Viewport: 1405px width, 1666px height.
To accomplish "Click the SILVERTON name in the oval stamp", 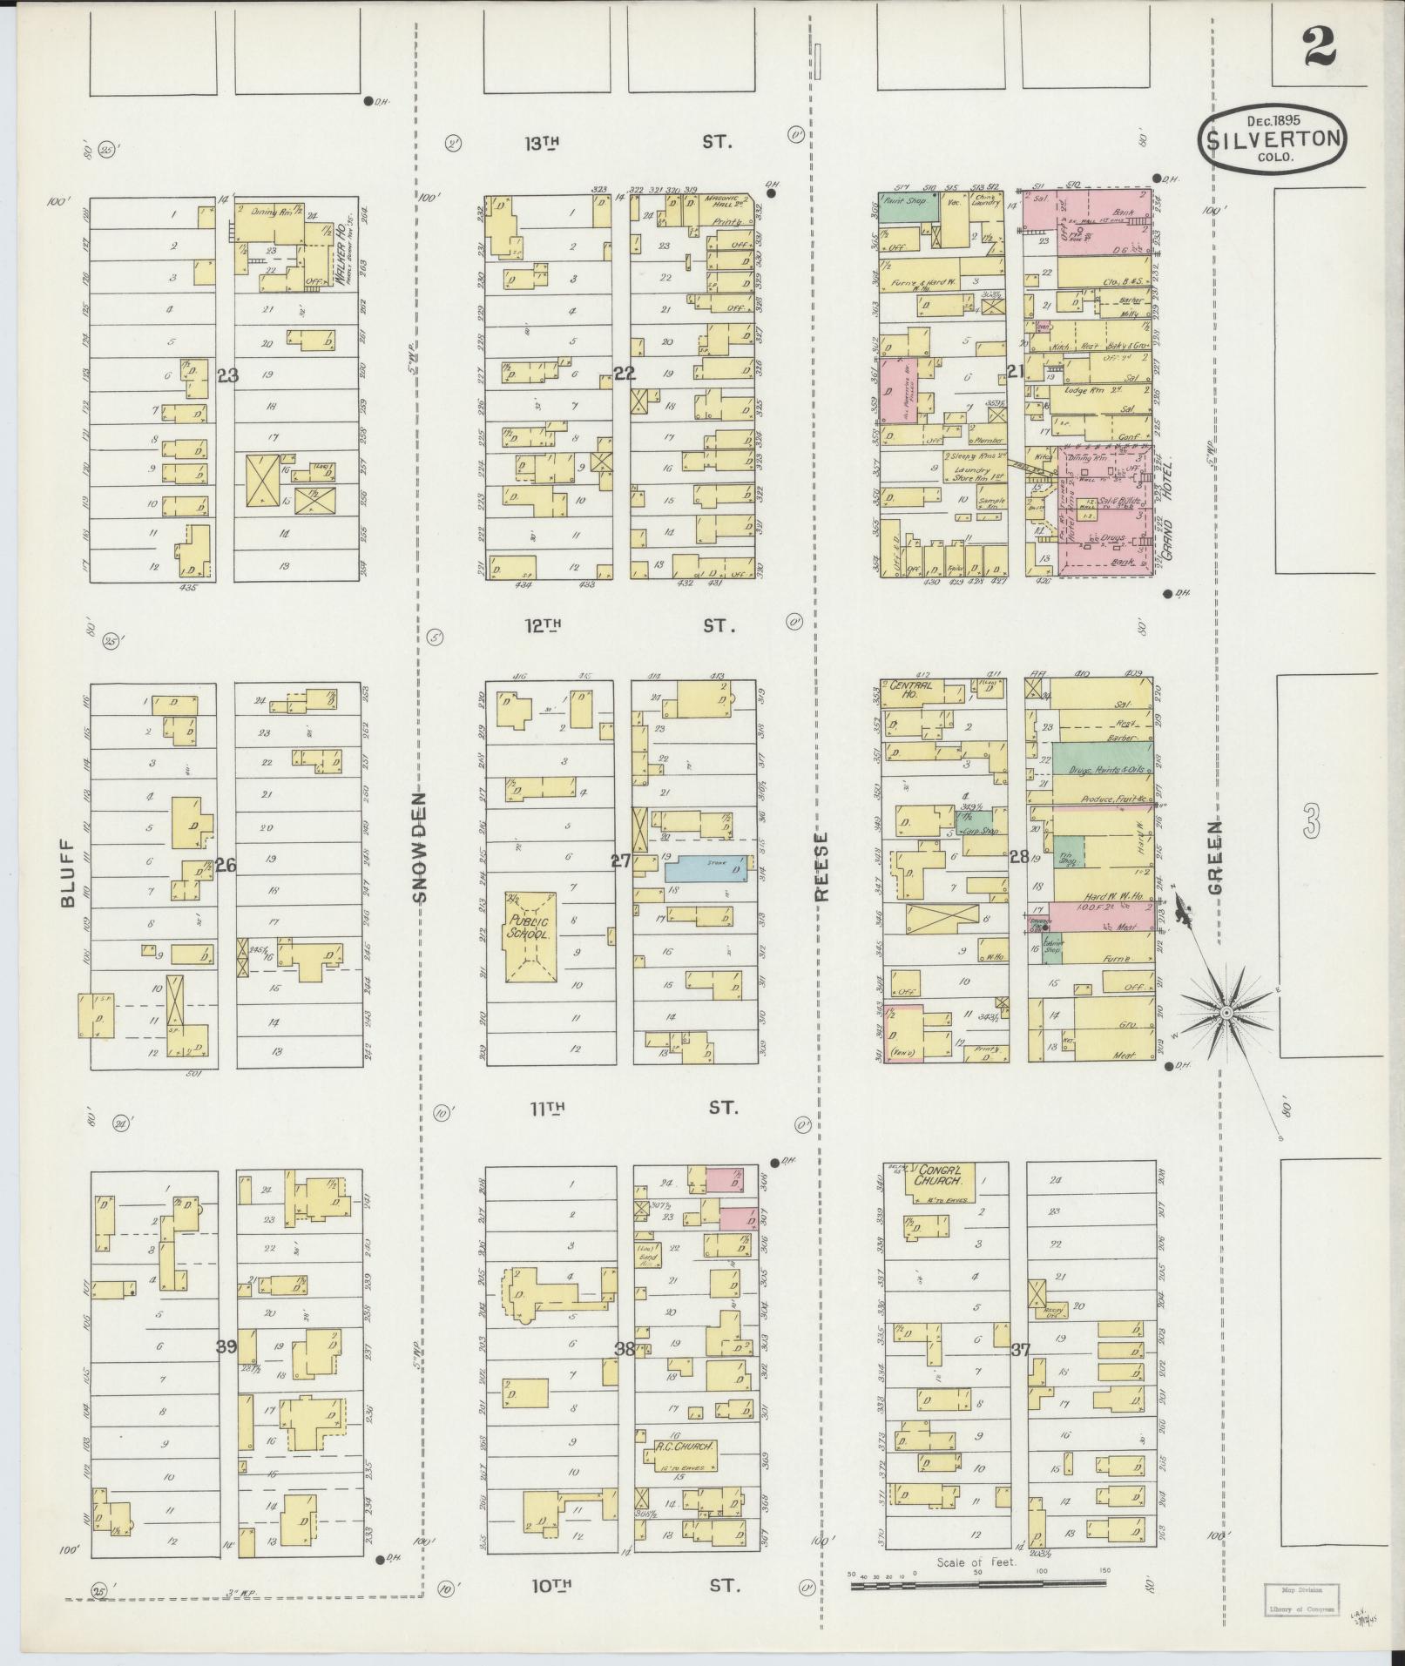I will coord(1272,138).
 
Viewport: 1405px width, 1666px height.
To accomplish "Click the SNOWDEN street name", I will coord(419,846).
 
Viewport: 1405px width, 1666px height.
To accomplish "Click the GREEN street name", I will coord(1215,857).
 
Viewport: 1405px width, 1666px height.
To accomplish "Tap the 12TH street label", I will coord(545,624).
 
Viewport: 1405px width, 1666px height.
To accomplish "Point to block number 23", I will coord(228,375).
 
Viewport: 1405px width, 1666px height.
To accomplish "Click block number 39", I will coord(226,1371).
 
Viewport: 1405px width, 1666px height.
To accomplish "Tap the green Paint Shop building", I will coord(906,205).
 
